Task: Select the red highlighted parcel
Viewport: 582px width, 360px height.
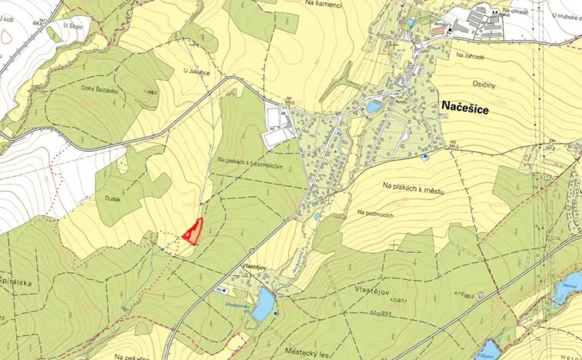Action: click(192, 231)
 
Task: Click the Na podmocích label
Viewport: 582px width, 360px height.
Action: click(375, 213)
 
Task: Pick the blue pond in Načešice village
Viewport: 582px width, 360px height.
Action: click(374, 107)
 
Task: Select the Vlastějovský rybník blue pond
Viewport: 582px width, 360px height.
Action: click(264, 304)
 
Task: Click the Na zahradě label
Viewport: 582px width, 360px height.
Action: click(471, 55)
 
